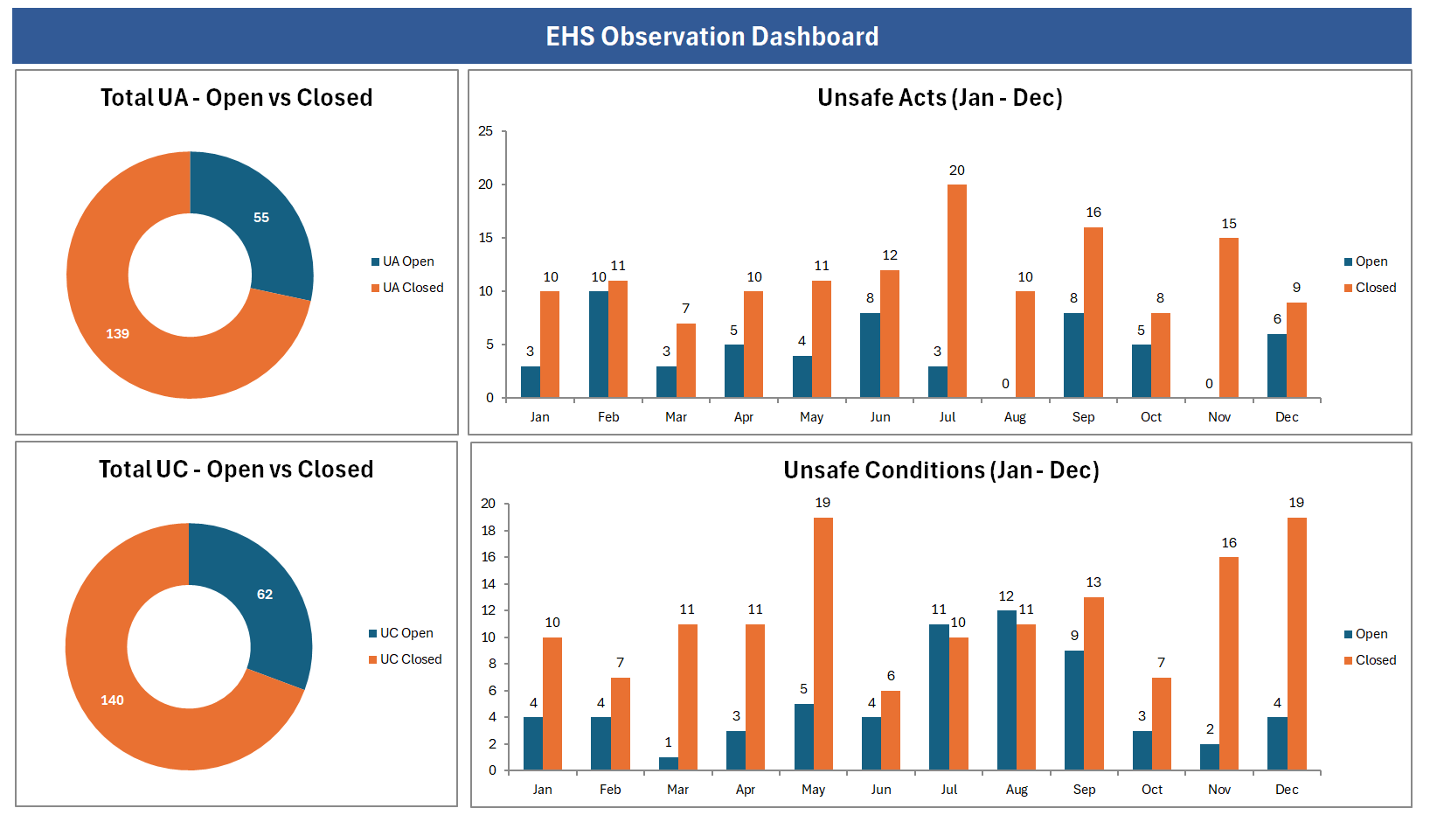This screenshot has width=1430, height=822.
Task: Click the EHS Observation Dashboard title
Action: (712, 37)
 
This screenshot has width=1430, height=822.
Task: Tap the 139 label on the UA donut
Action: (117, 334)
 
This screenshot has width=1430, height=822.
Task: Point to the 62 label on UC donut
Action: (265, 595)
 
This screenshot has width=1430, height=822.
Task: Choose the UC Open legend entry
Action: (406, 633)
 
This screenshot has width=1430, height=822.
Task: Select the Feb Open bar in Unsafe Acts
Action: (599, 345)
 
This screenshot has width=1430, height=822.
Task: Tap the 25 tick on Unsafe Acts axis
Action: (485, 131)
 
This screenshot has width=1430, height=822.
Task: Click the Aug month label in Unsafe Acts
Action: (1015, 417)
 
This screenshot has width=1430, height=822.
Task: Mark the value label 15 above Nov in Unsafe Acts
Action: (1229, 224)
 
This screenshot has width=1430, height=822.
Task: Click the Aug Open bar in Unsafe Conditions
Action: (1007, 691)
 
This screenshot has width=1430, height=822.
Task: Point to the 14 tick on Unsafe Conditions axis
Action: (488, 584)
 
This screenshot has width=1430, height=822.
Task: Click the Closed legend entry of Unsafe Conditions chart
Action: (1375, 660)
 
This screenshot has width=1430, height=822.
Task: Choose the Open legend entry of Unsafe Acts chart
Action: (1371, 261)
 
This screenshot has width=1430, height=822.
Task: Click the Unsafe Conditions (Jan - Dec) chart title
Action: (941, 470)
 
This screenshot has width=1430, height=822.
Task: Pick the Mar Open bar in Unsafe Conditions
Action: (669, 763)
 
